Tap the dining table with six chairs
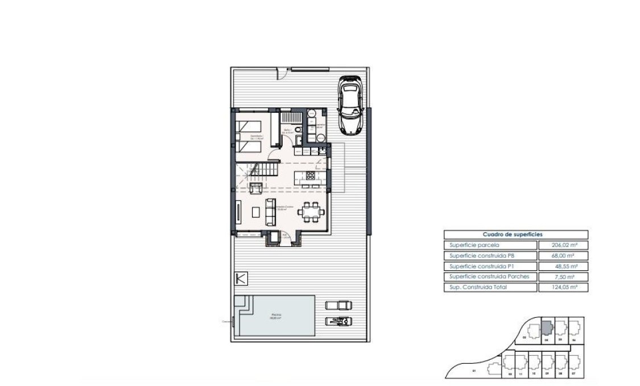pos(312,212)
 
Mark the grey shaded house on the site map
pos(546,328)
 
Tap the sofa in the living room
pos(270,211)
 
